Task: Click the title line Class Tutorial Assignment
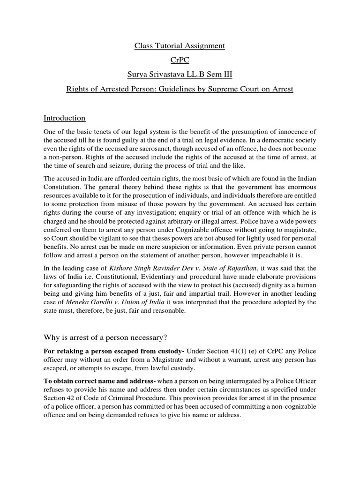(180, 46)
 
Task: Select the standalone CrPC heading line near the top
(180, 60)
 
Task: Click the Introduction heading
(64, 118)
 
